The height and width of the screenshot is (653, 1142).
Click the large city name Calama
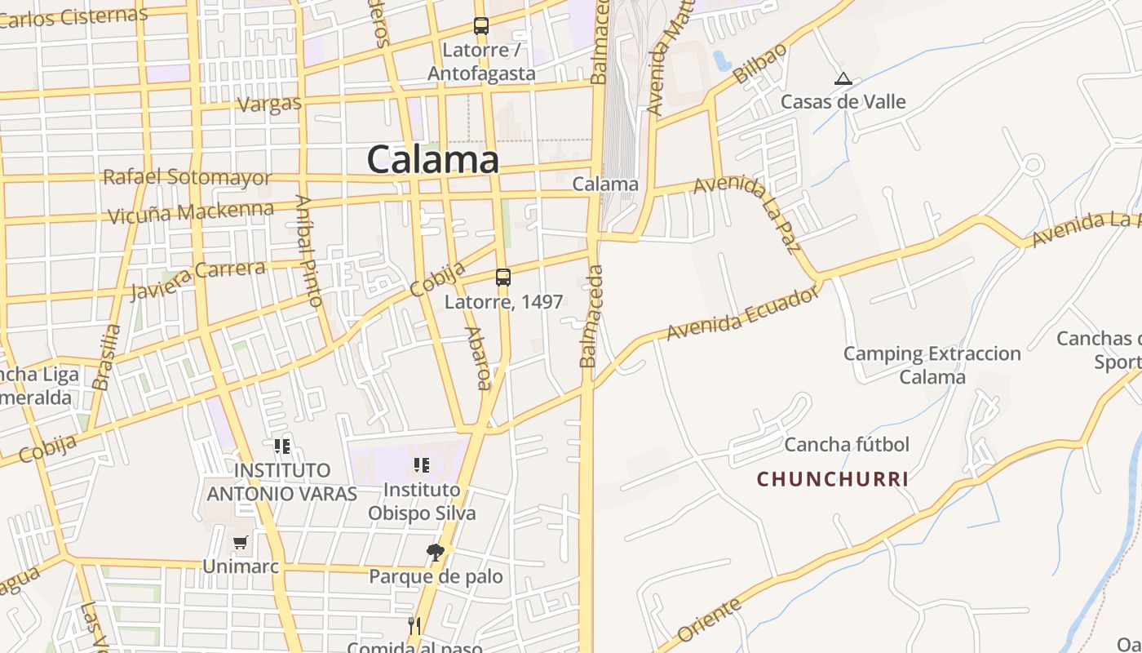tap(432, 159)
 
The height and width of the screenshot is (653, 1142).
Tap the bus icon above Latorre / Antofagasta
tap(481, 26)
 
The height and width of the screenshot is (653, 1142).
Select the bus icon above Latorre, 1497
tap(503, 278)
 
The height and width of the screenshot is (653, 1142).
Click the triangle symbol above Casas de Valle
tap(843, 79)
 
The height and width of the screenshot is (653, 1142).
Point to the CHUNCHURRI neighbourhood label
tap(832, 479)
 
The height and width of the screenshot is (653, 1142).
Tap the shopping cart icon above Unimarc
tap(240, 542)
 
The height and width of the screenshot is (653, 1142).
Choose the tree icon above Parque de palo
tap(436, 553)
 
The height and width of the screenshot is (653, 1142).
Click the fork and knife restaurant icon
tap(414, 626)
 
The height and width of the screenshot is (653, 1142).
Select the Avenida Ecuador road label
tap(742, 313)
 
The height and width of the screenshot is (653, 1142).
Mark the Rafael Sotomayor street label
tap(187, 177)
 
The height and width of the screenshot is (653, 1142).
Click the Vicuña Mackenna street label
tap(191, 213)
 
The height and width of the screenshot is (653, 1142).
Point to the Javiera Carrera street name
tap(197, 278)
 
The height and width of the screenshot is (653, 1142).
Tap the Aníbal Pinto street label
tap(309, 251)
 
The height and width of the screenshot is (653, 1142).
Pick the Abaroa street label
tap(479, 358)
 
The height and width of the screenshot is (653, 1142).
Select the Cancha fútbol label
tap(847, 445)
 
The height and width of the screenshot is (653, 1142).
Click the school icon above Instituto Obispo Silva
tap(422, 465)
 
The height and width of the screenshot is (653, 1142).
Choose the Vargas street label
tap(269, 104)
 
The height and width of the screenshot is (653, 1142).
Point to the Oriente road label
tap(710, 620)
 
